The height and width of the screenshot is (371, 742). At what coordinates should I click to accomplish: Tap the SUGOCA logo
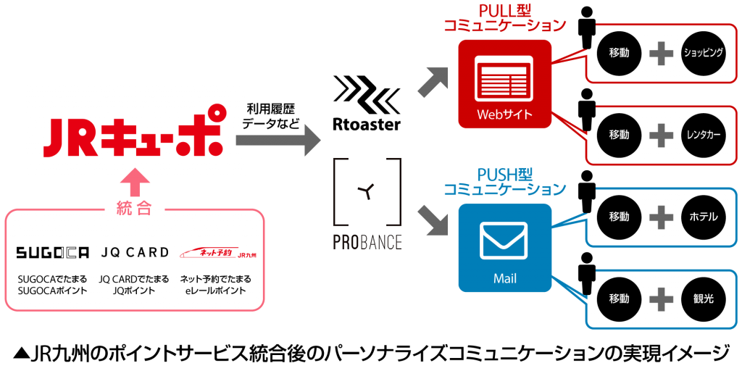[x=52, y=253]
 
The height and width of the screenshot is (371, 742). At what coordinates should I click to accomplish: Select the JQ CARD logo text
[x=134, y=253]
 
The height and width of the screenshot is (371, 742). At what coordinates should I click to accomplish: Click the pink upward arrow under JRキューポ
[x=134, y=184]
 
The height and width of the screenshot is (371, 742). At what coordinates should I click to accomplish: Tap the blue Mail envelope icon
[x=504, y=240]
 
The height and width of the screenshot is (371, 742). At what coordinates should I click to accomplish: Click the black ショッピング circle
[x=704, y=54]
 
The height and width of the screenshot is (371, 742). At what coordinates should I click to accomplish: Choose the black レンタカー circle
[x=704, y=135]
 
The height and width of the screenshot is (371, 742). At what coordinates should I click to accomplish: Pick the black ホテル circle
[x=704, y=217]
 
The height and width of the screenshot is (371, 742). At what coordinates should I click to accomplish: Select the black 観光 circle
[x=704, y=298]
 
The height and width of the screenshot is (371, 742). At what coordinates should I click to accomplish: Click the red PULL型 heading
[x=504, y=12]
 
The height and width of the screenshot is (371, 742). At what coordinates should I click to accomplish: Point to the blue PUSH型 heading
[x=504, y=175]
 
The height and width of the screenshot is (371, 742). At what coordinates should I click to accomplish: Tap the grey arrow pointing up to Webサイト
[x=435, y=80]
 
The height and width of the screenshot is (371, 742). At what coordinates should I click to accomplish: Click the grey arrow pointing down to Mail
[x=435, y=221]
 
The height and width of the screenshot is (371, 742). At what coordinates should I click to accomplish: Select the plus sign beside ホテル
[x=660, y=217]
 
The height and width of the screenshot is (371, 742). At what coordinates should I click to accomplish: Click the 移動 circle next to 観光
[x=619, y=298]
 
